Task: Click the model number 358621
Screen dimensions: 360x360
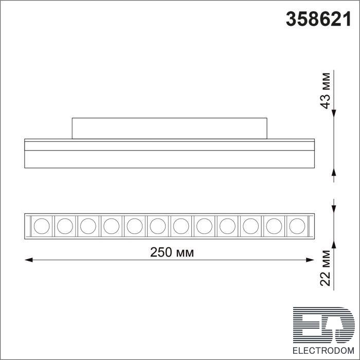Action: (x=318, y=19)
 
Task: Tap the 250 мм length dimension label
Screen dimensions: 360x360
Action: (x=172, y=252)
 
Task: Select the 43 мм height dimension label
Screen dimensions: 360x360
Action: (x=325, y=91)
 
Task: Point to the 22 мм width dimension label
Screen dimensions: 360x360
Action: (x=325, y=268)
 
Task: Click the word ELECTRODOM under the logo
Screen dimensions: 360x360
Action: (x=323, y=351)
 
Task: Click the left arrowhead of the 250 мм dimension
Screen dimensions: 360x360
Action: (x=28, y=260)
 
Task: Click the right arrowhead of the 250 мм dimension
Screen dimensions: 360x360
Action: (x=310, y=260)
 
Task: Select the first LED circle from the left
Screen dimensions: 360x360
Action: (x=42, y=226)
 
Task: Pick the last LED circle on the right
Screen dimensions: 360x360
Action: (x=297, y=226)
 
